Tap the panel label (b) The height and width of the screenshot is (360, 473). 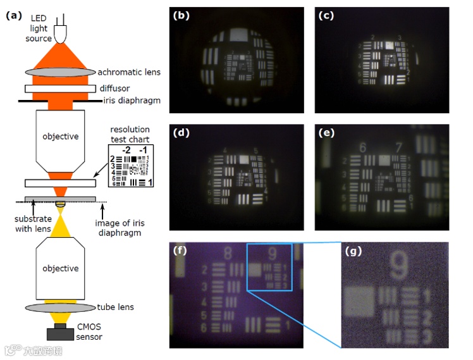pyautogui.click(x=183, y=16)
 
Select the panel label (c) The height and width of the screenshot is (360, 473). pyautogui.click(x=326, y=16)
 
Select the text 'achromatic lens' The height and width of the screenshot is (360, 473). pyautogui.click(x=129, y=72)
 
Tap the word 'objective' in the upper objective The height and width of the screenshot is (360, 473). pyautogui.click(x=60, y=136)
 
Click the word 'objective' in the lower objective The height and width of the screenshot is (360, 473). pyautogui.click(x=60, y=268)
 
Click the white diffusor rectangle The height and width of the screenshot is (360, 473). pyautogui.click(x=60, y=88)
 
